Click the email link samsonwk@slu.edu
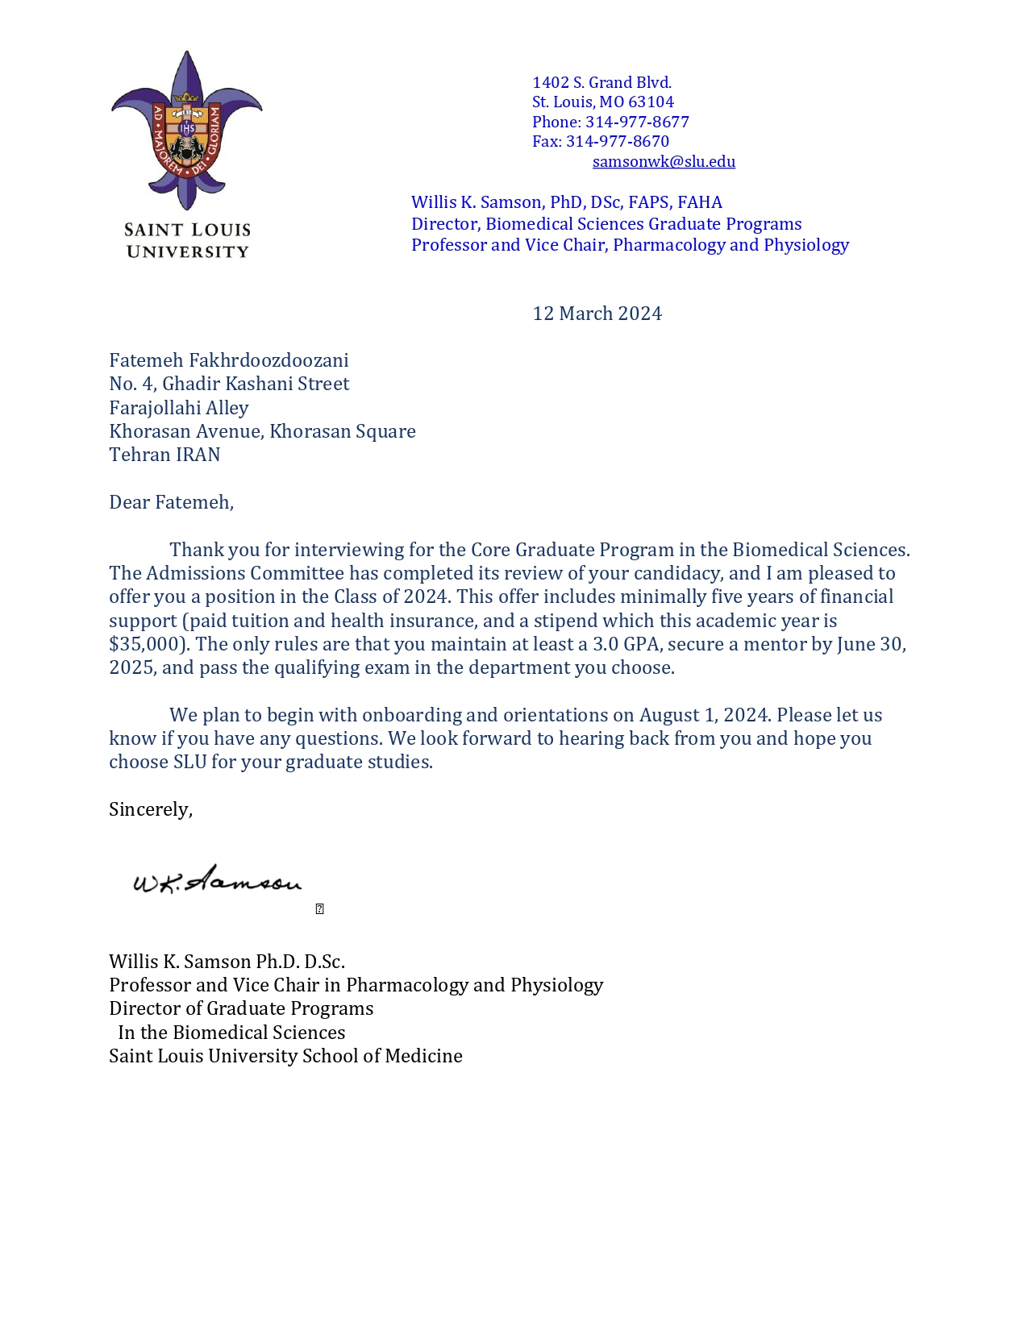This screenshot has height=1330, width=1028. point(664,162)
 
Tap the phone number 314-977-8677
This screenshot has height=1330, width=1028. point(637,123)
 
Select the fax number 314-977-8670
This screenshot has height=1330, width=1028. point(618,142)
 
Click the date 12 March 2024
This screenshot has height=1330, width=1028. point(597,314)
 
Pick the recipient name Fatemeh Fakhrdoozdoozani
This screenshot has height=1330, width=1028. point(229,360)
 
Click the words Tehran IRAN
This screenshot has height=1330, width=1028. point(164,455)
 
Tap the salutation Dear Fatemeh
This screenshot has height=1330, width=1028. point(171,502)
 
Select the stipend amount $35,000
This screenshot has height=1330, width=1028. point(147,644)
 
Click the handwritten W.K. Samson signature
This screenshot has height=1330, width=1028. point(217,881)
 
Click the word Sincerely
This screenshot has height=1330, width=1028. point(150,809)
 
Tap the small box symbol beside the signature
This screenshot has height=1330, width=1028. point(320,909)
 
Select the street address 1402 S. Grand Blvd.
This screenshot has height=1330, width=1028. point(601,83)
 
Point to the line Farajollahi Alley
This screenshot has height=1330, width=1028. point(179,408)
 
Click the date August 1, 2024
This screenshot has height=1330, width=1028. point(705,715)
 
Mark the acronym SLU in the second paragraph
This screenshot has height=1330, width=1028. point(190,763)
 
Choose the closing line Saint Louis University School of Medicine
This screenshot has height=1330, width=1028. point(285,1056)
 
